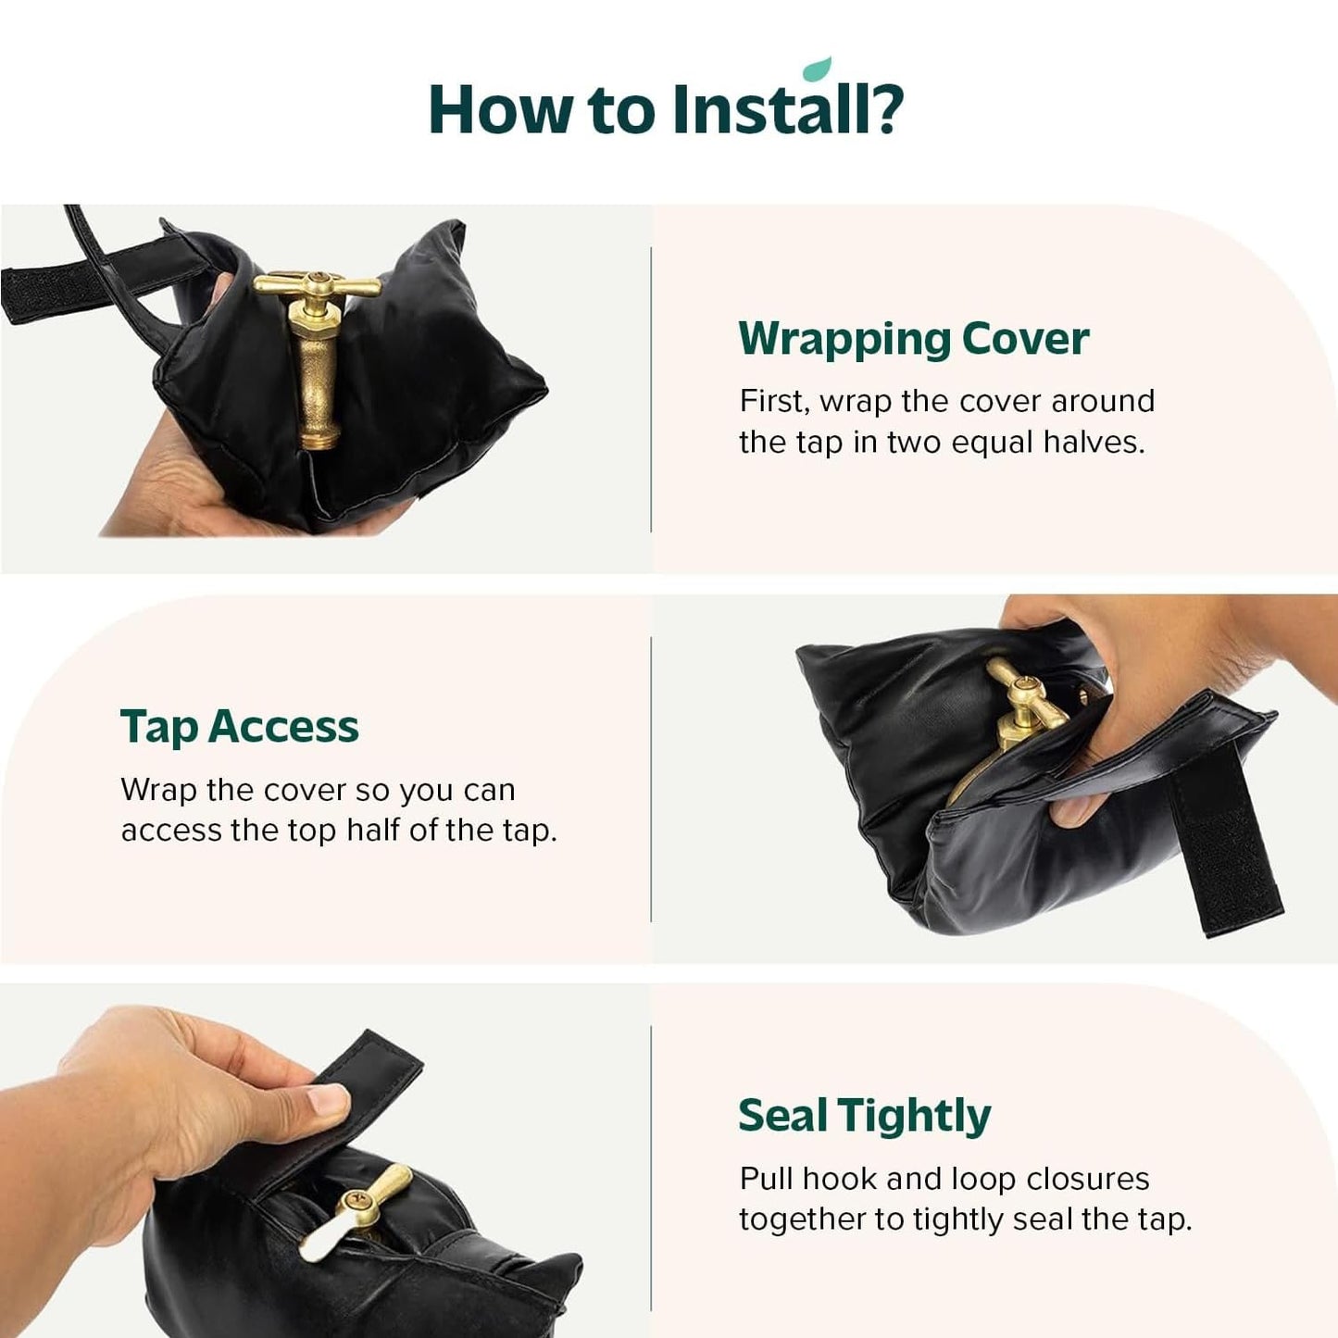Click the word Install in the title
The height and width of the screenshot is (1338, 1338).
point(786,110)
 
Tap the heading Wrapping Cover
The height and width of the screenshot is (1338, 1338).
point(913,339)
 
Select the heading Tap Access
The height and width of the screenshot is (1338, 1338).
point(239,727)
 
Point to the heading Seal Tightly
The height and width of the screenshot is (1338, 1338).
point(864,1116)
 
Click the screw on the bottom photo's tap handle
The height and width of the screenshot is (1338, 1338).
point(357,1202)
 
